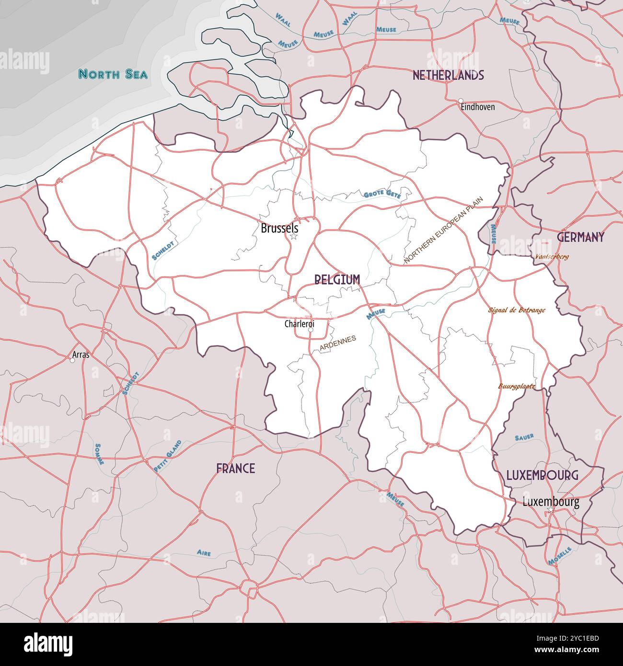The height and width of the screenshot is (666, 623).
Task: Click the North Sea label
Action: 113,74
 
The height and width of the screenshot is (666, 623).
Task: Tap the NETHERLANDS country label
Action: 448,75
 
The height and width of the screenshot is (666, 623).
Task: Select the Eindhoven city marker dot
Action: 461,101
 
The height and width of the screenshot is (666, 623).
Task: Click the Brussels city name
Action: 279,229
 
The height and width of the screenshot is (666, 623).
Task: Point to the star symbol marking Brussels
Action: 294,236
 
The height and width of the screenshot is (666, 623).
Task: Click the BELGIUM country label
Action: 337,280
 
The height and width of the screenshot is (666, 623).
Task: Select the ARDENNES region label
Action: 338,345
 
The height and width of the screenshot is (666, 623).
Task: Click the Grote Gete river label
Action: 382,195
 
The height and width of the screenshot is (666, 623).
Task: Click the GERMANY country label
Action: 580,237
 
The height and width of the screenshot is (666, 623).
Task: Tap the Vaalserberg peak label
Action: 552,257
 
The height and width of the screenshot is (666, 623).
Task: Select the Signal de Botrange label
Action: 517,310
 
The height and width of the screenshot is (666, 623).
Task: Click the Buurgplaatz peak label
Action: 517,386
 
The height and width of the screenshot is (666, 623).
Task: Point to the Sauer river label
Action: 524,437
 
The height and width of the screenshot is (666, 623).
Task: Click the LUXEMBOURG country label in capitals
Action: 542,475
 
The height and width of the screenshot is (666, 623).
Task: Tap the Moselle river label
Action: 560,556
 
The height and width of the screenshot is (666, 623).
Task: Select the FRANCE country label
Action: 235,468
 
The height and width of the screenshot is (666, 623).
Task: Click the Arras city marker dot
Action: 72,361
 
